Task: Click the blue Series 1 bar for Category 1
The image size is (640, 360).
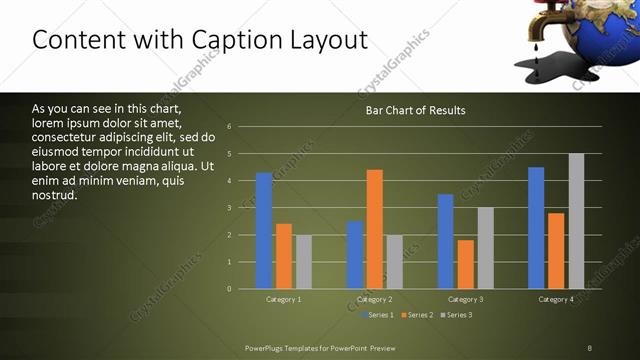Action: point(264,231)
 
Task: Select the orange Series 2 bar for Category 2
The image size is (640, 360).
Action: point(375,229)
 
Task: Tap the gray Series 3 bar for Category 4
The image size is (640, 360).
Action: point(576,221)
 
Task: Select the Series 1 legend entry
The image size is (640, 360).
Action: point(379,315)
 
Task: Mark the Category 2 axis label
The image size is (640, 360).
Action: point(375,299)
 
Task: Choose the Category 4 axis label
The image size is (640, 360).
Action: point(556,299)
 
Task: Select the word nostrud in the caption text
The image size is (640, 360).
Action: point(54,195)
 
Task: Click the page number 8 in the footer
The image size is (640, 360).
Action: point(590,347)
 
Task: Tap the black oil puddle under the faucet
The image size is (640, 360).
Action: point(554,71)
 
